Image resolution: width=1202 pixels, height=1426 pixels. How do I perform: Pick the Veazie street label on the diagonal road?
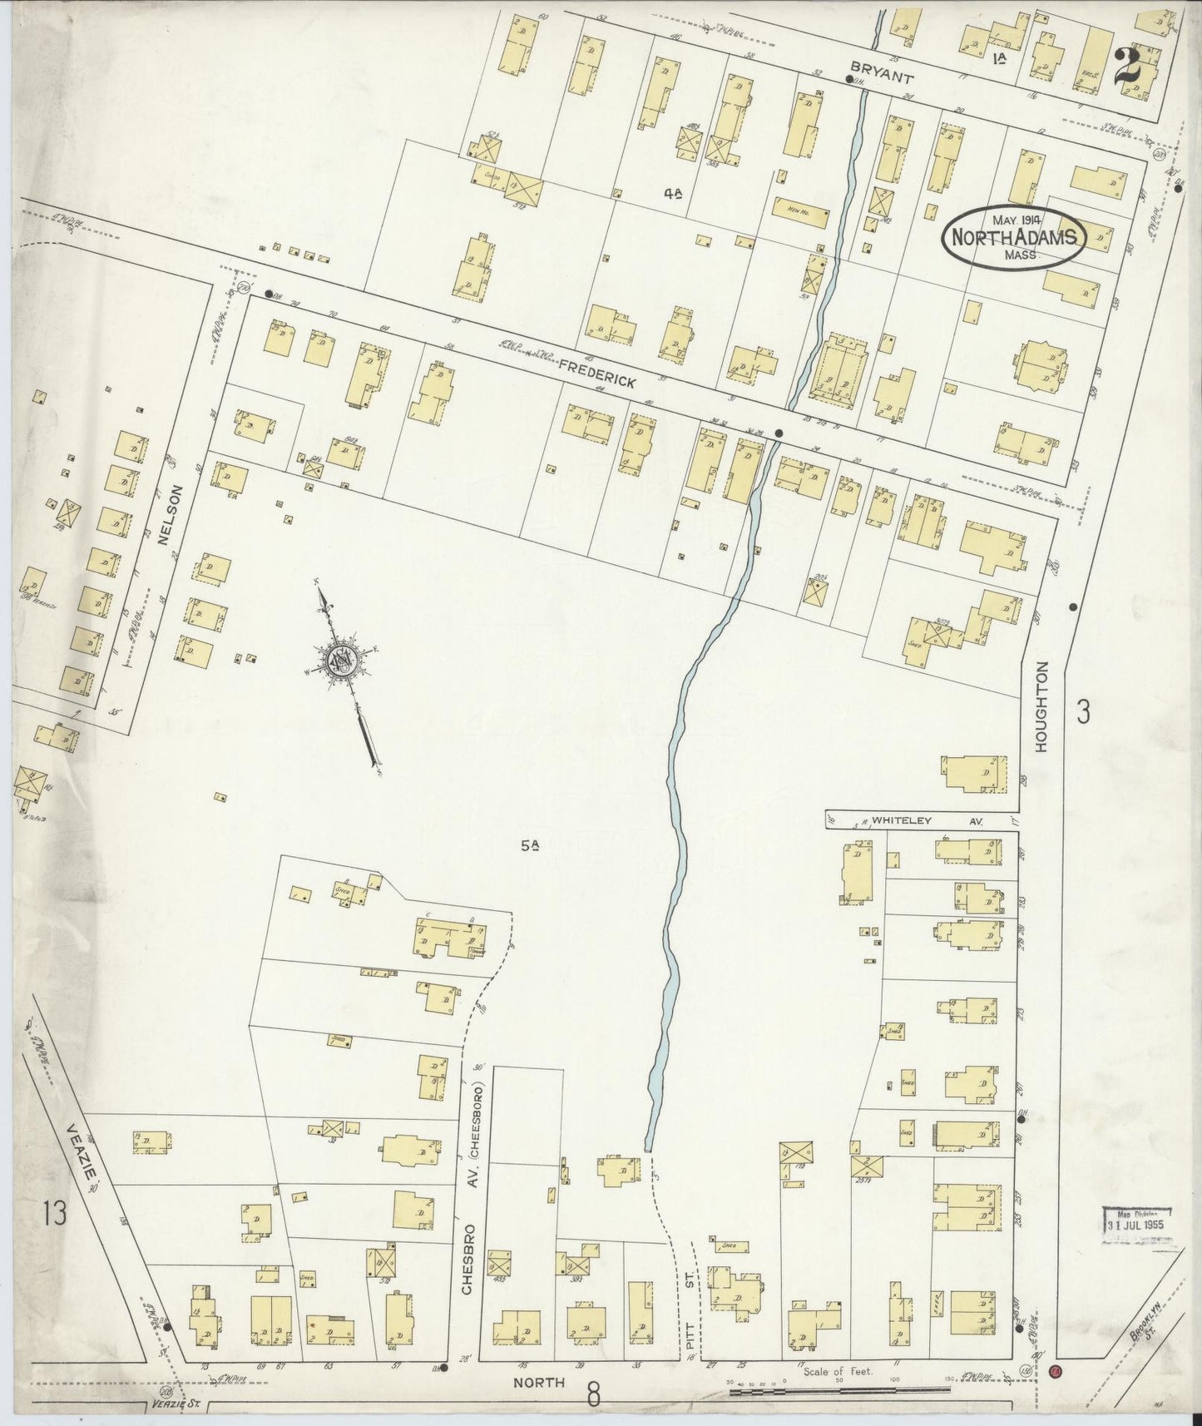pos(85,1153)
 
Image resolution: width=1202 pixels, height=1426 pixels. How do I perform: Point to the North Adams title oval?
pos(1014,237)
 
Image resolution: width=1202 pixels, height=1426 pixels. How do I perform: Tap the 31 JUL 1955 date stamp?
pos(1137,1225)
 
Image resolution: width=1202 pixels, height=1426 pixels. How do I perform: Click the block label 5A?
pos(531,846)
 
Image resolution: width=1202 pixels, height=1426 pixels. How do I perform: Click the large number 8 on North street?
pos(593,1393)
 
